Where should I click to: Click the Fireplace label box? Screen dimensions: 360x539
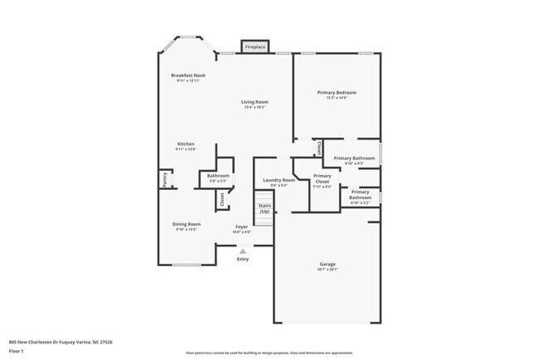tap(255, 47)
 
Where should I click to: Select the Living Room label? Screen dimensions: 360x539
tap(255, 102)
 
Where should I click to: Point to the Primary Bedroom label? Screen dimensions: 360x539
tap(337, 92)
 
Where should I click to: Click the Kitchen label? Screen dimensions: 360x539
tap(186, 144)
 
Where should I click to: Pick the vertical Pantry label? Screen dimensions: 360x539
tap(163, 179)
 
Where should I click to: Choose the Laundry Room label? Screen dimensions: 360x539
tap(279, 180)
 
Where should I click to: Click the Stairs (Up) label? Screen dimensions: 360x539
tap(265, 208)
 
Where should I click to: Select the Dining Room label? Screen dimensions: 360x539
tap(187, 224)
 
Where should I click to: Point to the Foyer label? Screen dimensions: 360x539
tap(241, 226)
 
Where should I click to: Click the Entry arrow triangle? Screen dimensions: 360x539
tap(243, 251)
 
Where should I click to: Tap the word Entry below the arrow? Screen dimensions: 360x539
tap(243, 259)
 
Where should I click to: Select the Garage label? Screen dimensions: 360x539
tap(328, 264)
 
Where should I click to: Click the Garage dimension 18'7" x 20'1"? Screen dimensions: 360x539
tap(328, 270)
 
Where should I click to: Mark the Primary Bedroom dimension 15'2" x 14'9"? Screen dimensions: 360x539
tap(337, 98)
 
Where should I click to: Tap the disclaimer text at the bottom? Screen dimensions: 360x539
tap(269, 353)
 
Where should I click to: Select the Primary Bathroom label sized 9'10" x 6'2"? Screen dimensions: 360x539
tap(355, 158)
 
